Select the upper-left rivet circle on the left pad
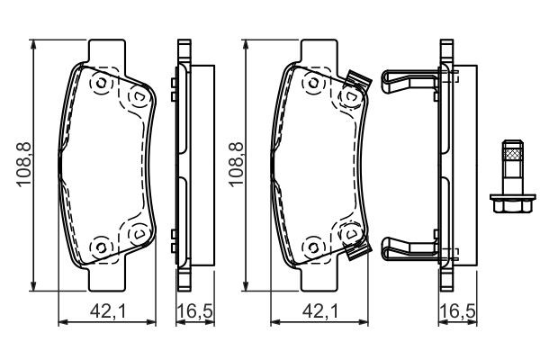[x=100, y=84]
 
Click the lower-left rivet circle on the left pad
[x=100, y=245]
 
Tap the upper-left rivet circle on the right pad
[x=314, y=84]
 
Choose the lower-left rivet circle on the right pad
[x=314, y=245]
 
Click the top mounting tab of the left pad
[x=108, y=50]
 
